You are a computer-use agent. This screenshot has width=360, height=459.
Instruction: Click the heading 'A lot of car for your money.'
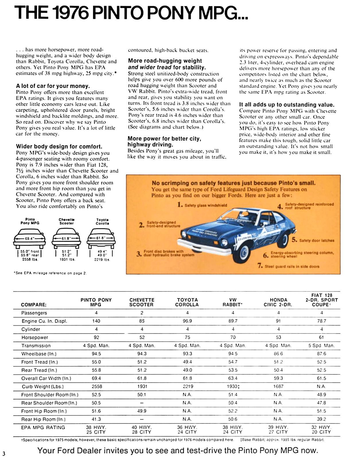[53, 86]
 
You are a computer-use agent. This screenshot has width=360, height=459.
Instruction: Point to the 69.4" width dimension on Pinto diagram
[30, 238]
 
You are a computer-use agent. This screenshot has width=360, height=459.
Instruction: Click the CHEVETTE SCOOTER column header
[142, 302]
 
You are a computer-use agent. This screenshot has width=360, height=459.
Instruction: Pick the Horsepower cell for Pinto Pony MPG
[96, 337]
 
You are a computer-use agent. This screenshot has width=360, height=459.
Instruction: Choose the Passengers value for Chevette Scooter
[142, 313]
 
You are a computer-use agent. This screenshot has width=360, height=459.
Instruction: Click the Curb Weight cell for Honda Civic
[278, 386]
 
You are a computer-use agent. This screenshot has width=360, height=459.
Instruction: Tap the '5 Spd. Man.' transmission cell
[321, 346]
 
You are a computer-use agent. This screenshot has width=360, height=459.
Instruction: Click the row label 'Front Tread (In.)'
[40, 362]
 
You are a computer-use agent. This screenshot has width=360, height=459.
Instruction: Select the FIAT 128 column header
[321, 300]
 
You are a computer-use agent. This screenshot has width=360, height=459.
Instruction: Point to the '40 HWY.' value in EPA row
[142, 427]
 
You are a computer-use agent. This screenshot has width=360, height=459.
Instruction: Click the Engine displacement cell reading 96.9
[187, 321]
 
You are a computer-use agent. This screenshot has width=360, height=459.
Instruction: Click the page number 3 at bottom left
[4, 454]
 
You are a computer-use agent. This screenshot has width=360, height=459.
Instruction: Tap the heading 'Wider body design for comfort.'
[59, 147]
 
